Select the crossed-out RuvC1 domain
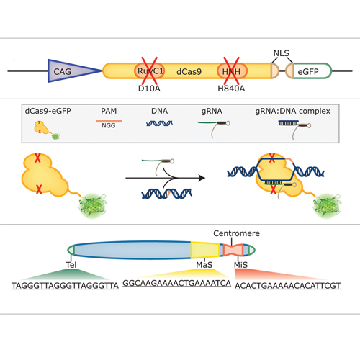pos(150,71)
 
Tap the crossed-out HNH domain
pos(232,71)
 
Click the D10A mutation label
pos(149,89)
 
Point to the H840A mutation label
pos(231,89)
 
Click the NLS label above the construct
pos(282,53)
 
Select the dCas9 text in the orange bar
pos(189,71)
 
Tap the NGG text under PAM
pos(109,125)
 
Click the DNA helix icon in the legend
pos(159,123)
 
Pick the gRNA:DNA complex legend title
pos(293,111)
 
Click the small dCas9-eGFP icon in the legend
pos(47,130)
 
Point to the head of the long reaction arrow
pos(204,178)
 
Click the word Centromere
pos(236,233)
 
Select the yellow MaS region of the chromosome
pos(205,250)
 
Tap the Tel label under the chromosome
pos(71,265)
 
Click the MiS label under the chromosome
pos(240,265)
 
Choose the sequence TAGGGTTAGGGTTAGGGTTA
pos(65,286)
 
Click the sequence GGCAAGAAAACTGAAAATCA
pos(176,283)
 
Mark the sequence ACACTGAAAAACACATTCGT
pos(288,286)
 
